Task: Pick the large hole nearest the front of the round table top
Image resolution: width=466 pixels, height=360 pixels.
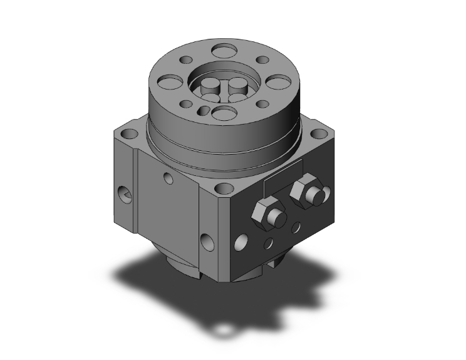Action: coord(222,113)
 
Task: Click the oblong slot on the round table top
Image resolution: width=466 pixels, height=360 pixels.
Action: coord(202,110)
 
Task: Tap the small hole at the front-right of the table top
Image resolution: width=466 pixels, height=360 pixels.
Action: coord(258,103)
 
